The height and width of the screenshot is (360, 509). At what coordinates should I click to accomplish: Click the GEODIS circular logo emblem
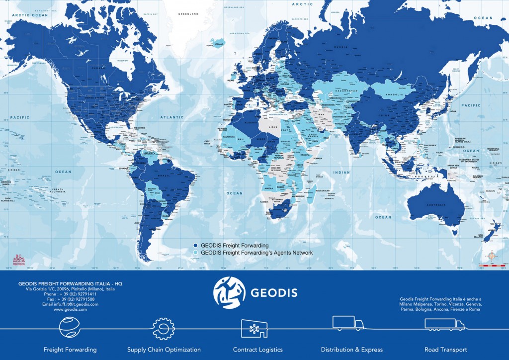229,293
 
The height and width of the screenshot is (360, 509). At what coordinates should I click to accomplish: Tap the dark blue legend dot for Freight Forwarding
196,246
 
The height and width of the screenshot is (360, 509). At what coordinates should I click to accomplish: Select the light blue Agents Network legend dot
196,253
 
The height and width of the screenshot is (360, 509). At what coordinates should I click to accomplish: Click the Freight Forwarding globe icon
70,328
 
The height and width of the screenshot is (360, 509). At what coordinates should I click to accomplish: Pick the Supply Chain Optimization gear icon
164,328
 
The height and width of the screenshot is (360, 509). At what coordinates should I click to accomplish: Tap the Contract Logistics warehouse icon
254,328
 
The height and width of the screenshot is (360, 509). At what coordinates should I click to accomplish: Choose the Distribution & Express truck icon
347,323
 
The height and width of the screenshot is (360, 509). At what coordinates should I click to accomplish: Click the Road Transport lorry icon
444,325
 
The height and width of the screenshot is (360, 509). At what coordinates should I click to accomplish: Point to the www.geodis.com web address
70,309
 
